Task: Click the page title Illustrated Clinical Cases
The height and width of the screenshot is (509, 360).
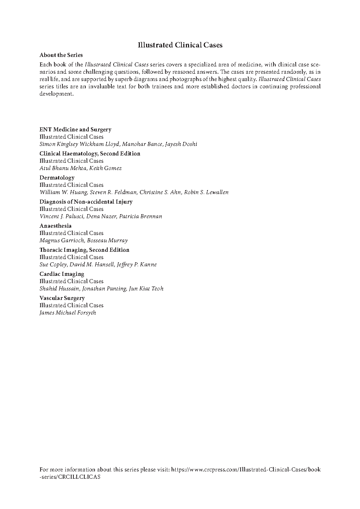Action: [180, 45]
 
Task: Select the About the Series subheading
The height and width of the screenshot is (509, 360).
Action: [61, 55]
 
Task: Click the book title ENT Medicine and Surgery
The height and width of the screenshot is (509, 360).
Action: [75, 130]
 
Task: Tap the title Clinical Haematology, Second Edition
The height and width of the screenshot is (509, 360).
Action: [90, 154]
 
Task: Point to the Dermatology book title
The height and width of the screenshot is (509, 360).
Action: [57, 178]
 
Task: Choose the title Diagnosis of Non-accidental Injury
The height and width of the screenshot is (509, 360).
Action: [86, 202]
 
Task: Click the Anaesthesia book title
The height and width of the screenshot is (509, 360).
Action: [55, 226]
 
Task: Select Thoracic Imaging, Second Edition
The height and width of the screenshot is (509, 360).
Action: [84, 250]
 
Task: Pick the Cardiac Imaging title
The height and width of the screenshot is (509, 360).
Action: [62, 274]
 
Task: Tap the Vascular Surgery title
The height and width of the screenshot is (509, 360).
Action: [62, 298]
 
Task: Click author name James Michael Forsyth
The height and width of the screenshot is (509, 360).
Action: [68, 313]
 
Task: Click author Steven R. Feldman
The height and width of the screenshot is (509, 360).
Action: [113, 192]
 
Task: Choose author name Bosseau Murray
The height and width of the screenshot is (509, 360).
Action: [107, 240]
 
